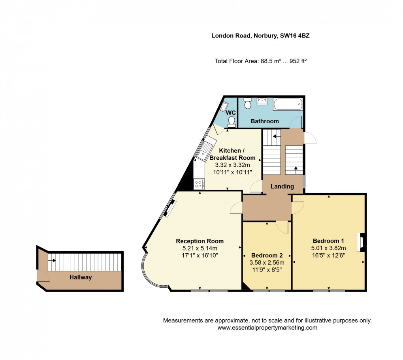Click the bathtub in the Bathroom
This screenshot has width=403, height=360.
pyautogui.click(x=288, y=104)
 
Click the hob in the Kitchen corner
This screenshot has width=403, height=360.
pyautogui.click(x=198, y=184)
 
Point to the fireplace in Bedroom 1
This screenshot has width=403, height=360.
pyautogui.click(x=360, y=242)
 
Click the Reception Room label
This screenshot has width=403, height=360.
pyautogui.click(x=200, y=241)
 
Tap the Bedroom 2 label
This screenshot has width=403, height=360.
pyautogui.click(x=267, y=254)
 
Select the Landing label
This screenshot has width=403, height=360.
pyautogui.click(x=282, y=186)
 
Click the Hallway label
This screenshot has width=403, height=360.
pyautogui.click(x=81, y=277)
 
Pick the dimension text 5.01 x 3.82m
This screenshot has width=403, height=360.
pyautogui.click(x=328, y=248)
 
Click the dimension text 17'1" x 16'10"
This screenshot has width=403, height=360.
pyautogui.click(x=200, y=255)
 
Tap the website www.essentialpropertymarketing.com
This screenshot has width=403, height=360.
pyautogui.click(x=267, y=328)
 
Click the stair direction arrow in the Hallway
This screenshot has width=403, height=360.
pyautogui.click(x=52, y=260)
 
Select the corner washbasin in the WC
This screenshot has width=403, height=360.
pyautogui.click(x=224, y=106)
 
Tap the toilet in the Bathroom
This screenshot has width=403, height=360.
pyautogui.click(x=248, y=104)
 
